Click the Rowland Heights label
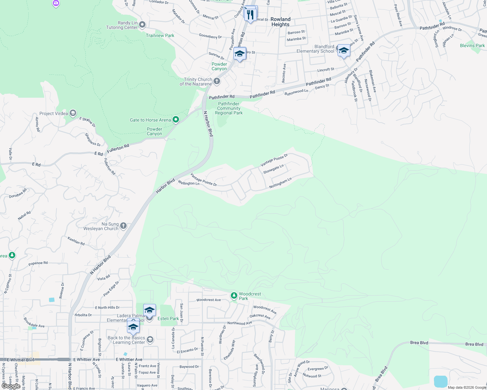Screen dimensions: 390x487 point(280,22)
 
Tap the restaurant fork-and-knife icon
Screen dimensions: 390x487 point(250,15)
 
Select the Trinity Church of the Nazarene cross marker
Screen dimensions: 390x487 point(217,81)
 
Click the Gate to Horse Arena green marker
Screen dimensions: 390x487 point(176,120)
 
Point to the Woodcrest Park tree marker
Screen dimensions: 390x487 point(234,296)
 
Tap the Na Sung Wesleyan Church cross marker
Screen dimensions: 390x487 point(123,226)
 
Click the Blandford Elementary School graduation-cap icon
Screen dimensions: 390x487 point(344,51)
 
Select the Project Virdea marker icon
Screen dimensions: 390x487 point(73,113)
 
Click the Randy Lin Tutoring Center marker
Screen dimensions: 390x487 point(142,25)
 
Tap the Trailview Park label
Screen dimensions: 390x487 point(160,35)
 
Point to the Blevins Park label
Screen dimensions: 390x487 point(472,45)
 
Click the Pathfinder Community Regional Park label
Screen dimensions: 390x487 point(229,108)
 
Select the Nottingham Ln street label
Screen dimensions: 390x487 point(280,183)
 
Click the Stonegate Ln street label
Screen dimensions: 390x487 point(273,169)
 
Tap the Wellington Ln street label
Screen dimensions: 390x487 point(188,183)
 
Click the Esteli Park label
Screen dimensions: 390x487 point(168,318)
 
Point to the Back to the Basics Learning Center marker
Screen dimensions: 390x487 point(150,340)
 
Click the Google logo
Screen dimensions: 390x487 point(11,386)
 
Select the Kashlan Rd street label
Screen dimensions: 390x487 point(76,241)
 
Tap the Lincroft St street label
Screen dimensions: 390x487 point(326,70)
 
